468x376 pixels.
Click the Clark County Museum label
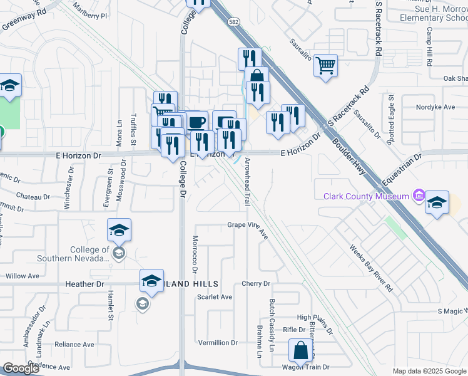[366, 196]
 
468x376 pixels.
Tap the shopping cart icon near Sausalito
[325, 65]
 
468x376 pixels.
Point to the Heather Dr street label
[84, 284]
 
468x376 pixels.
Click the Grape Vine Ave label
[247, 229]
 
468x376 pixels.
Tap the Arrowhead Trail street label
[248, 182]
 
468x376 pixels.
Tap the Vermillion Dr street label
[218, 343]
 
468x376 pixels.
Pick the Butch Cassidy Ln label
[272, 316]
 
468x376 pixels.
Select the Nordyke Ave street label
[437, 107]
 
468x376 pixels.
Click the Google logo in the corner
[20, 368]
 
